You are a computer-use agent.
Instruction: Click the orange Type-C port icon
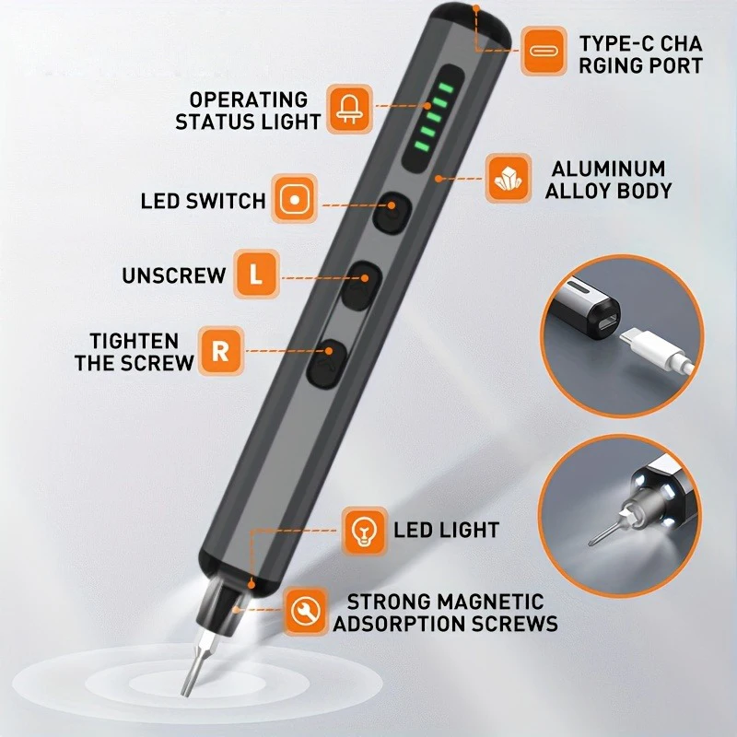click(x=544, y=51)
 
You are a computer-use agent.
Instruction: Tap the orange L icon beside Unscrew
click(x=257, y=274)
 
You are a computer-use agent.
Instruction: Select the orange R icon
click(x=221, y=351)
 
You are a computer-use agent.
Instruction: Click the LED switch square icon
click(x=295, y=199)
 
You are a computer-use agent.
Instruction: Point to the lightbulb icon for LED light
click(x=364, y=532)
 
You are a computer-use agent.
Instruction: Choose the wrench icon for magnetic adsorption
click(x=306, y=611)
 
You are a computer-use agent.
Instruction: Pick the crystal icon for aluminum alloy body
click(x=509, y=178)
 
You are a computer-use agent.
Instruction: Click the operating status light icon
click(x=349, y=109)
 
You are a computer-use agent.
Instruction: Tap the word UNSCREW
click(x=174, y=275)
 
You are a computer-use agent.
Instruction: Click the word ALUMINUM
click(x=608, y=169)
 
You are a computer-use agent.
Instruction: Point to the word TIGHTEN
click(x=135, y=341)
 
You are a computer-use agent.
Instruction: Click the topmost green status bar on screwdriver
click(x=446, y=88)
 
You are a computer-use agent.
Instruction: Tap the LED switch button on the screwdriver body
click(x=392, y=213)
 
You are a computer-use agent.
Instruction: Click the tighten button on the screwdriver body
click(x=327, y=364)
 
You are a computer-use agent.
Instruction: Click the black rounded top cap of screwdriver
click(x=470, y=25)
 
